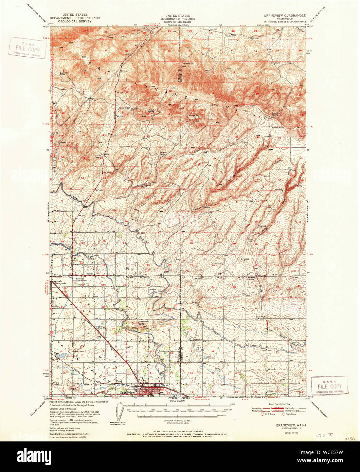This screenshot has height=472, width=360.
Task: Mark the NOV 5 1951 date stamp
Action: [x=323, y=435]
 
